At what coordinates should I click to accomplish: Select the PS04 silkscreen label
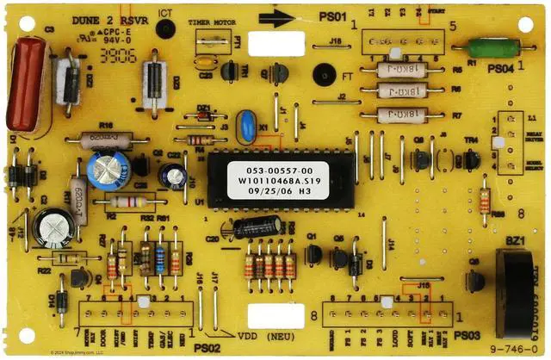502,67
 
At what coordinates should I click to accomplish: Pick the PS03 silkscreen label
467,334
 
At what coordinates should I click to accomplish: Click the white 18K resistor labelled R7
400,114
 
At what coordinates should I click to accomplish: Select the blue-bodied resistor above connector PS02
160,258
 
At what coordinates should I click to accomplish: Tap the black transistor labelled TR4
471,158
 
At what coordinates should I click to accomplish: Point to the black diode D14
60,301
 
